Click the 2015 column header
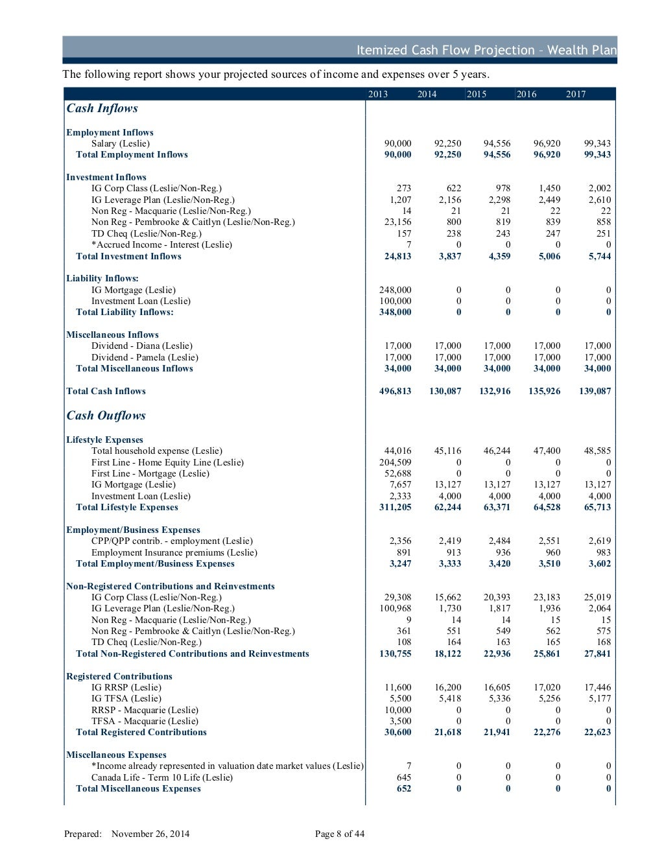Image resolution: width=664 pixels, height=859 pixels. tap(477, 94)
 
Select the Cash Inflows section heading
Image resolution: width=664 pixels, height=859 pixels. tap(102, 108)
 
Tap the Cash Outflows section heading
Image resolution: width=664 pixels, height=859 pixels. tap(106, 416)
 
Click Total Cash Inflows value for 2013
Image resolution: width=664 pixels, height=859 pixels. tap(395, 391)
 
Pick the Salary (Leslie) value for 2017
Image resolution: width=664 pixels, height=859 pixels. tap(597, 143)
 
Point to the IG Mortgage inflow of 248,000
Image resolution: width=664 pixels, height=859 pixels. tap(395, 290)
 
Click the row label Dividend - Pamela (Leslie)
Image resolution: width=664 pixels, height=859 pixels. tap(145, 357)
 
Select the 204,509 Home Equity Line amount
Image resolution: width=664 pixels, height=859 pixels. tap(395, 462)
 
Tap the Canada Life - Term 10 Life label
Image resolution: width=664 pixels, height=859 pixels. tap(161, 777)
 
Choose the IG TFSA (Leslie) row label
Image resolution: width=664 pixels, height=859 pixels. tap(126, 698)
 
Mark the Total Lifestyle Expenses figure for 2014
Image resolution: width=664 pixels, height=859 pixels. tap(447, 507)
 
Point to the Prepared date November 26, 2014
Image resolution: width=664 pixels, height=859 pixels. tap(150, 834)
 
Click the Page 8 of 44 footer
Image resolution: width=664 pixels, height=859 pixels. tap(340, 834)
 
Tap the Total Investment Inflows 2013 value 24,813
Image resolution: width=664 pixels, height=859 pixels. tap(397, 256)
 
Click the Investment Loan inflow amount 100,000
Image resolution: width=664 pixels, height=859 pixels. tap(395, 301)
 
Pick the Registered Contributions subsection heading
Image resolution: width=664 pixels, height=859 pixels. tap(119, 676)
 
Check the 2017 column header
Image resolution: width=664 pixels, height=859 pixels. tap(576, 94)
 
